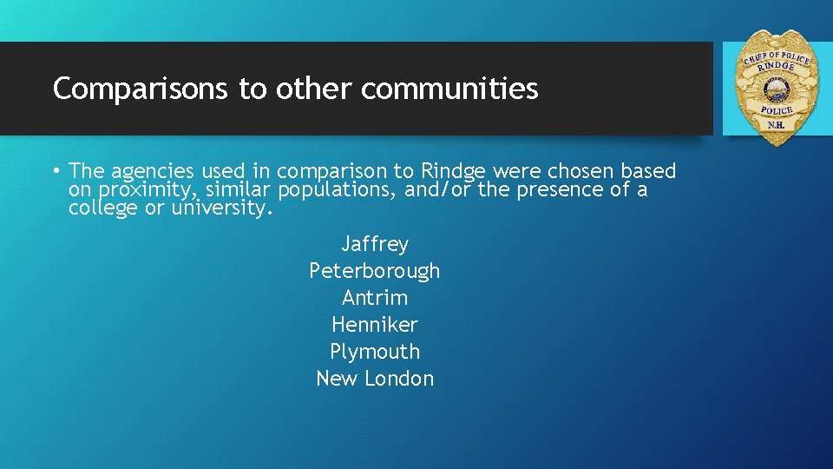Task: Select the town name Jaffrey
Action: (x=375, y=244)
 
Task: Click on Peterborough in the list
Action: (x=375, y=271)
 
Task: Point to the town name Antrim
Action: (x=375, y=298)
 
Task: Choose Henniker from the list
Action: (x=375, y=325)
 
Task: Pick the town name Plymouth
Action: (x=375, y=352)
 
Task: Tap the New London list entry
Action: (x=375, y=379)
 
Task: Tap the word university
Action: (x=222, y=208)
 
